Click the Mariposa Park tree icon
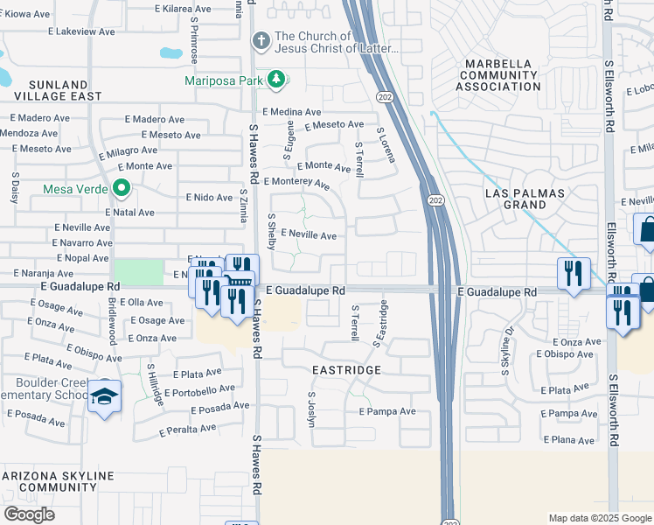277,80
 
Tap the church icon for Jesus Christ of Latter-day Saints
261,41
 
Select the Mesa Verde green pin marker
122,188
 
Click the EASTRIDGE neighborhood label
347,370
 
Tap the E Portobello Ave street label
199,390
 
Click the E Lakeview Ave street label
82,31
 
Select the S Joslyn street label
310,408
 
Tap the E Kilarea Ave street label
185,8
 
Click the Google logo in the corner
29,514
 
